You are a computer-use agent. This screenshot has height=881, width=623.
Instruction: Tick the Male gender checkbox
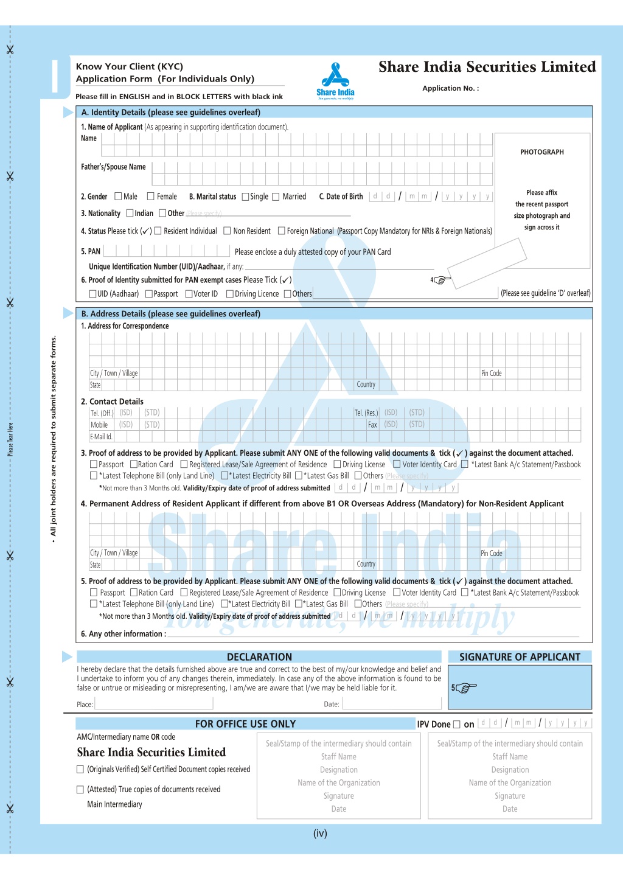pos(118,197)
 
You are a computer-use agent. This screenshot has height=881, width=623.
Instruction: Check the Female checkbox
pos(151,197)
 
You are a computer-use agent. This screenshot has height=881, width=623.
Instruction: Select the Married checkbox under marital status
pos(276,197)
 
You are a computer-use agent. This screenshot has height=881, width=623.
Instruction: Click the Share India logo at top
pos(335,81)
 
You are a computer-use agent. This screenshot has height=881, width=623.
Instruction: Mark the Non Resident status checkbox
pos(227,231)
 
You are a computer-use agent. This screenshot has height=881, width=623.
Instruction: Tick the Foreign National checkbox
pos(281,231)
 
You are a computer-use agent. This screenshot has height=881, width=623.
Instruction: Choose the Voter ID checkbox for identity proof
pos(189,294)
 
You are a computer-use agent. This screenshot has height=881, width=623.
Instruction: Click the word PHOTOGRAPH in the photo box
pos(541,152)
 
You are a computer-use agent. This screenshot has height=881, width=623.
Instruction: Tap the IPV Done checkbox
pos(456,724)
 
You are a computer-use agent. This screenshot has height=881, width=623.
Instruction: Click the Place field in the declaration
pos(153,704)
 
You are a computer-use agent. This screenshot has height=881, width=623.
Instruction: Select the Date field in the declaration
pos(393,704)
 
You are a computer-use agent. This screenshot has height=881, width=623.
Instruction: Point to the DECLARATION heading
pos(259,657)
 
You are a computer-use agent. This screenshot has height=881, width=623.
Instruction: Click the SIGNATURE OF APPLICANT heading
pos(520,657)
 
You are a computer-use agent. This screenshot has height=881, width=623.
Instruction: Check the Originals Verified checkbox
pos(80,770)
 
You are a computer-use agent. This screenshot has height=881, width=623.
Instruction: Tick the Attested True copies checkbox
pos(80,790)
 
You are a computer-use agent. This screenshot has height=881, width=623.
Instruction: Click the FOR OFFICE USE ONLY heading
pos(245,724)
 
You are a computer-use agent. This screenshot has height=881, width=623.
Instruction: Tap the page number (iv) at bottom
pos(320,834)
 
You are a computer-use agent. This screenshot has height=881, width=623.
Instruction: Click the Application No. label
pos(450,88)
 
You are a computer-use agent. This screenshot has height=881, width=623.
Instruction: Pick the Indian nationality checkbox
pos(130,213)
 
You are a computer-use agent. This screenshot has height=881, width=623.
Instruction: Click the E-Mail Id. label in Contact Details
pos(101,437)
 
